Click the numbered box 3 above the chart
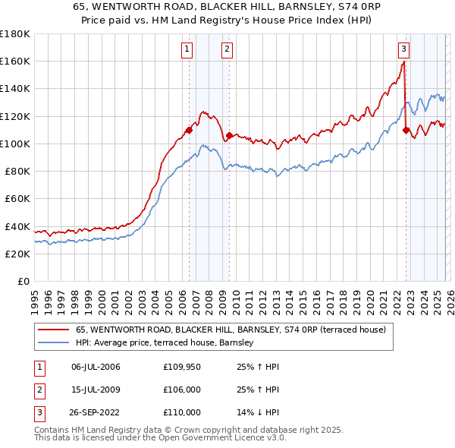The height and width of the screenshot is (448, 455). pos(404,49)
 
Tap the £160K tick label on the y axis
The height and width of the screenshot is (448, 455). pos(15,61)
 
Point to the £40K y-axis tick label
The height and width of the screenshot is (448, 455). pos(17,226)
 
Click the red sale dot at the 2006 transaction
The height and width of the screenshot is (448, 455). pos(189,130)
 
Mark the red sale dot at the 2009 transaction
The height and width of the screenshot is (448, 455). pos(229,135)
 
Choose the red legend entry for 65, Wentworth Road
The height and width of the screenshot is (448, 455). pos(231,330)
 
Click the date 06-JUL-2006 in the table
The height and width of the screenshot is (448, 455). pos(96,367)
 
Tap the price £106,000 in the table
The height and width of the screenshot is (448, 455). pos(182,390)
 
